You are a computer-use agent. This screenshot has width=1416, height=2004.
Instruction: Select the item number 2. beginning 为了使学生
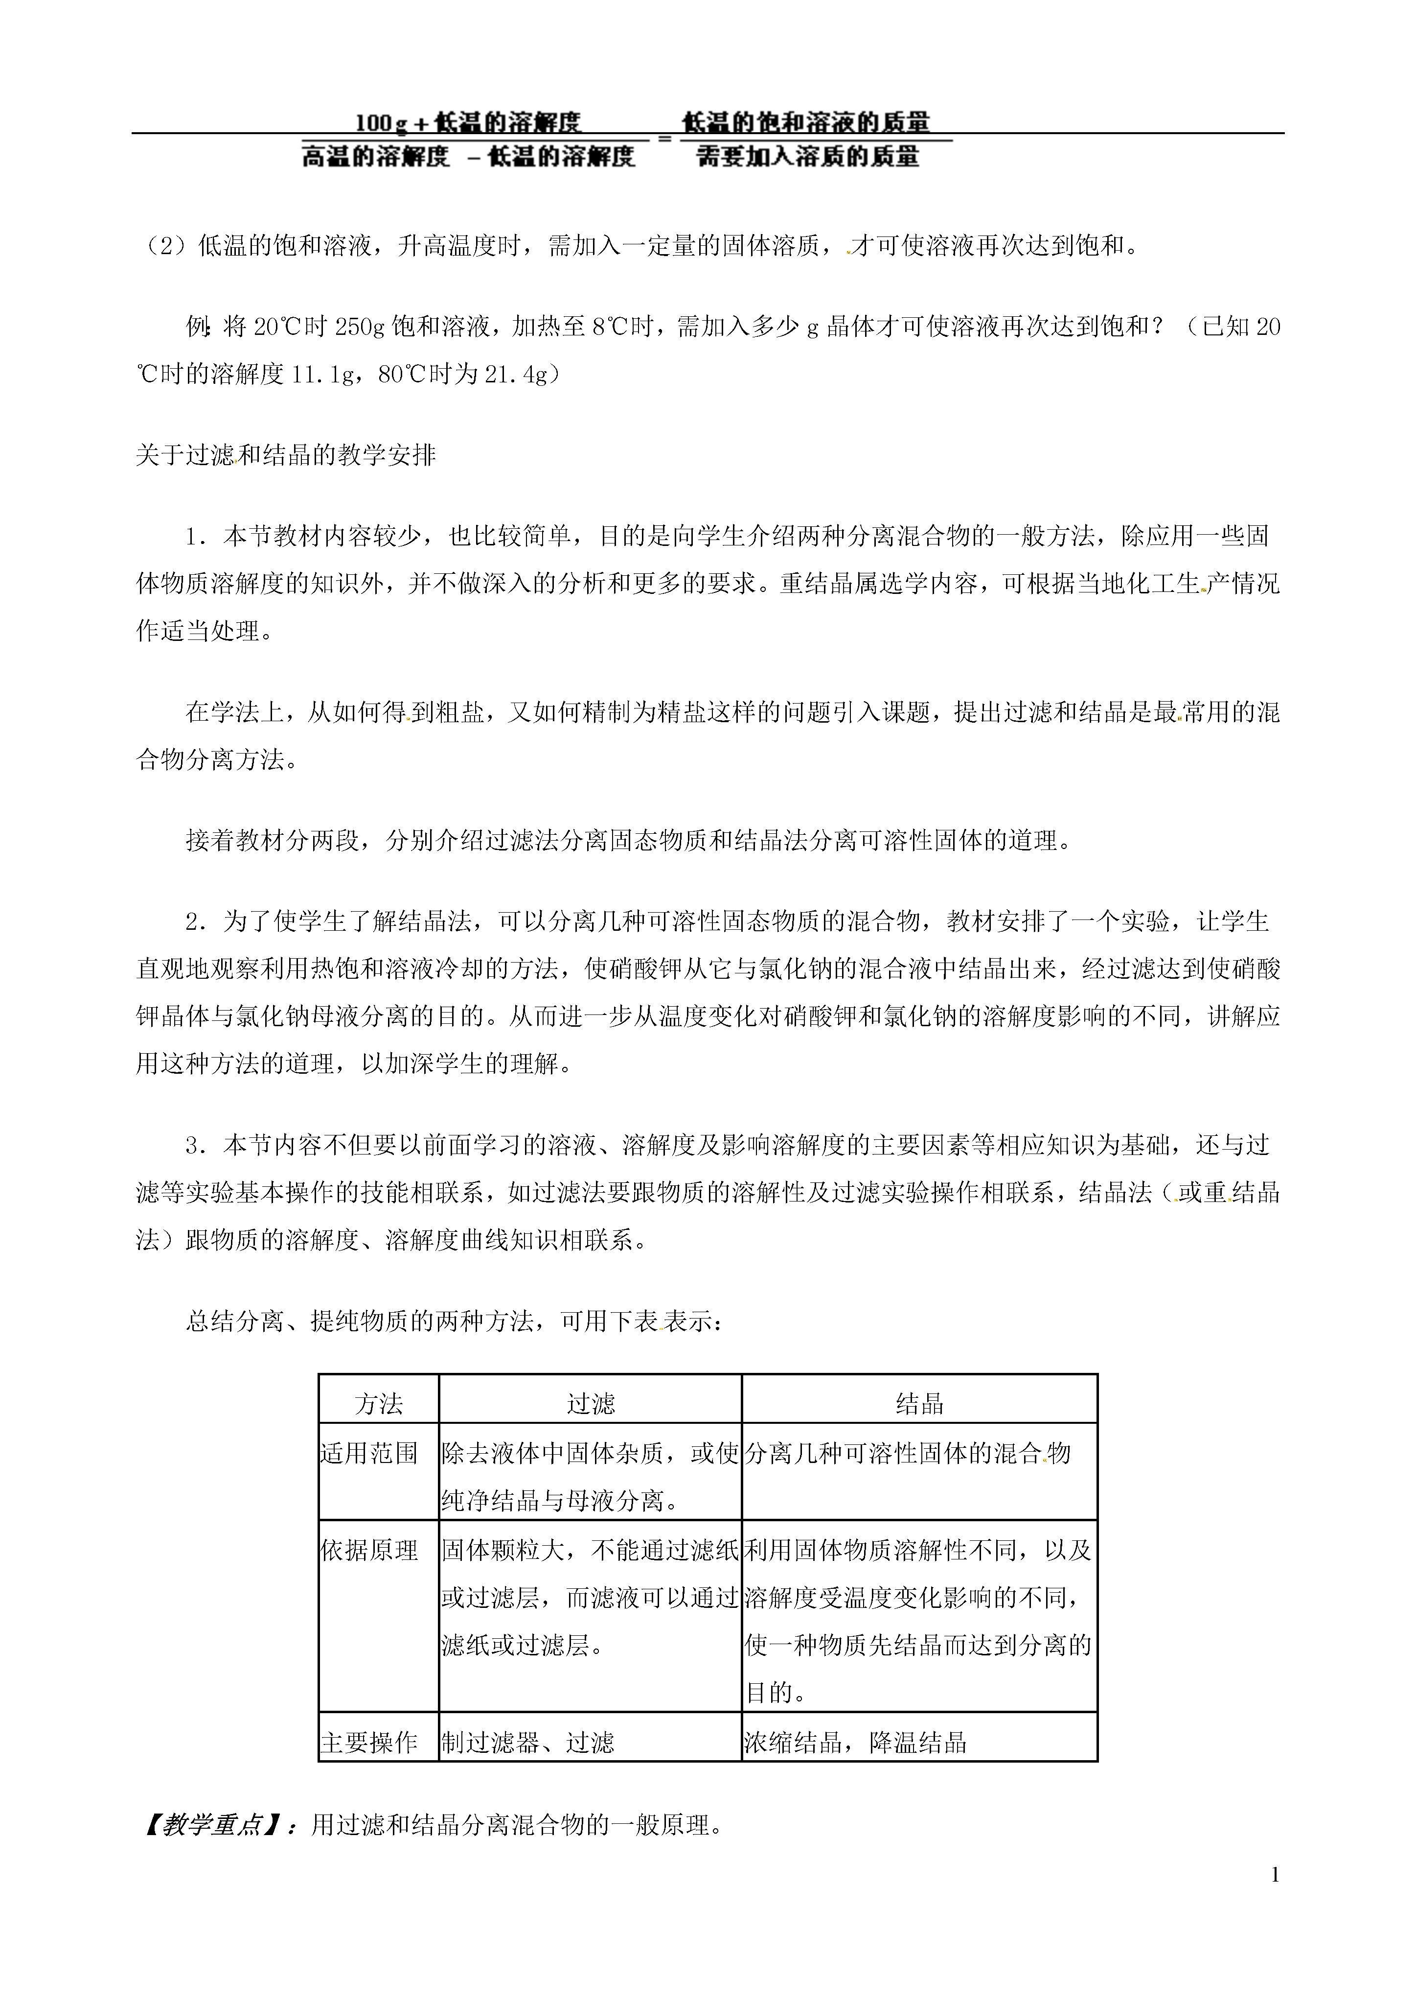pos(196,921)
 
